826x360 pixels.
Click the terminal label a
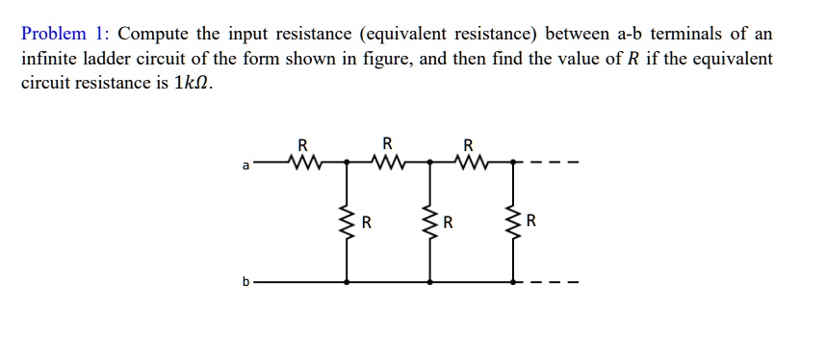(x=245, y=167)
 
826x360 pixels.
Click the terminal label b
(x=245, y=283)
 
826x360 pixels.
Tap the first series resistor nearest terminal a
(x=302, y=161)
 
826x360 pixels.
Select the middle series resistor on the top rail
(x=387, y=161)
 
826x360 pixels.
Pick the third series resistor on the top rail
(x=469, y=161)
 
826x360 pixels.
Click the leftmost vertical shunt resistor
(x=347, y=224)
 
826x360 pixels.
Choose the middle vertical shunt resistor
(x=429, y=224)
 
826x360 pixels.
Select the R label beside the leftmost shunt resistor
(x=366, y=224)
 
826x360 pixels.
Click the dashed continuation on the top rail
(x=555, y=162)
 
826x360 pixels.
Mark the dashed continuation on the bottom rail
(x=555, y=283)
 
